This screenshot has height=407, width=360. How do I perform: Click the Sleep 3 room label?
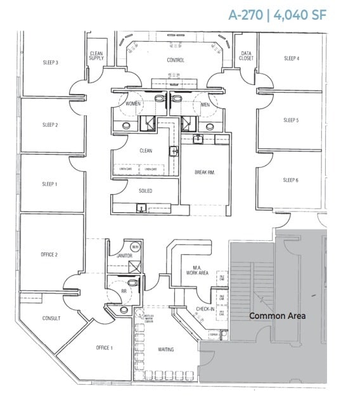click(x=51, y=63)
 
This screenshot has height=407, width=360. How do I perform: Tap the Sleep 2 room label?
click(x=51, y=125)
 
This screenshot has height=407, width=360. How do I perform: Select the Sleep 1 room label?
click(x=50, y=184)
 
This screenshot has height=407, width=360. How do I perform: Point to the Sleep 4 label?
click(x=291, y=58)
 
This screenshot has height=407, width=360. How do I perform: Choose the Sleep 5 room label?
click(x=291, y=120)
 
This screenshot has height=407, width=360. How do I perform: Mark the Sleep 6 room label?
click(x=291, y=180)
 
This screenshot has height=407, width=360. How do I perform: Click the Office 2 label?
click(x=49, y=254)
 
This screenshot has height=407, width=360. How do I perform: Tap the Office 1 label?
click(x=104, y=347)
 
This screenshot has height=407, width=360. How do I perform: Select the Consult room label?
click(x=51, y=318)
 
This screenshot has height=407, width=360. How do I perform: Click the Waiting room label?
click(x=165, y=349)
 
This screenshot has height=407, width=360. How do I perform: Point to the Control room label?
click(x=176, y=60)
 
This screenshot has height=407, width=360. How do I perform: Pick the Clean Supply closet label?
click(x=96, y=56)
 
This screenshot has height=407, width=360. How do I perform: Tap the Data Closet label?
click(x=246, y=56)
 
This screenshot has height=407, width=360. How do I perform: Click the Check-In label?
click(x=205, y=309)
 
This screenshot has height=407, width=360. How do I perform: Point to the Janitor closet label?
click(x=124, y=255)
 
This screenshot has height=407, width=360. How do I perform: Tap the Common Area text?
click(x=277, y=316)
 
